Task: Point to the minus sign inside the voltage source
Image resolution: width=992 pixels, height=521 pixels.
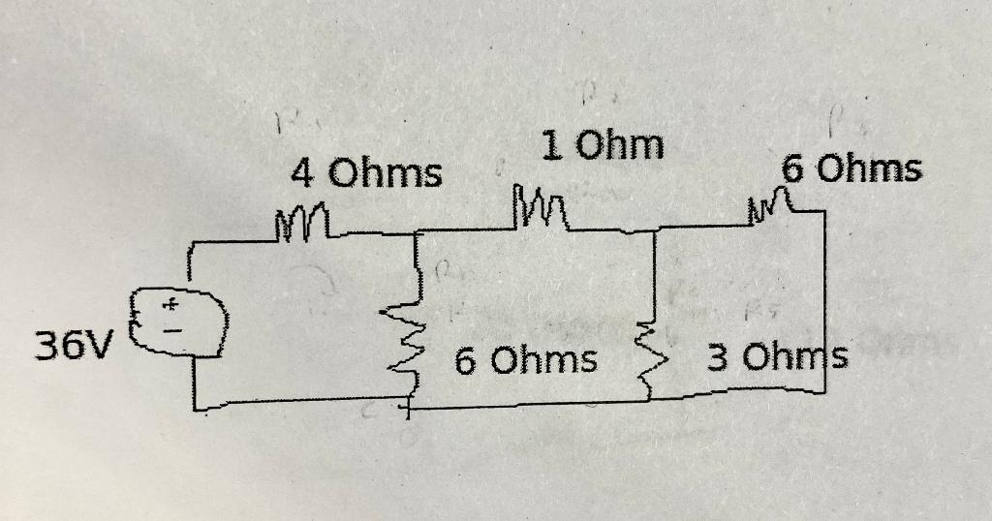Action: (x=170, y=330)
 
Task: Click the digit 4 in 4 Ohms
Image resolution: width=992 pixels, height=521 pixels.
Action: (x=303, y=175)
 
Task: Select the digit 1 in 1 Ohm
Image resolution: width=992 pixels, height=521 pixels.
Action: (x=552, y=146)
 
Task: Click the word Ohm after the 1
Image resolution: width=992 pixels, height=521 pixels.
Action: (x=621, y=146)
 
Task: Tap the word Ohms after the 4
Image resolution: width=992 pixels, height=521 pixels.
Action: (x=385, y=175)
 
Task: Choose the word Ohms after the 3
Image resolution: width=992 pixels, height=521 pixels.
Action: (x=794, y=359)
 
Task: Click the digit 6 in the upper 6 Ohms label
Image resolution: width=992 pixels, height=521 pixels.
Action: (x=793, y=170)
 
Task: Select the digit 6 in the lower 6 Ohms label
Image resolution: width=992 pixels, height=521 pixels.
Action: (x=465, y=361)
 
